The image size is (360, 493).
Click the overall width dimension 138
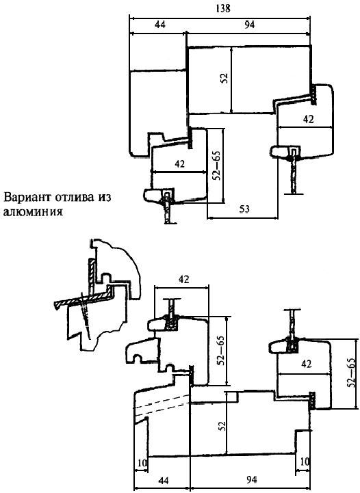coord(223,8)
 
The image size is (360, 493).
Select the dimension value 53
coord(244,209)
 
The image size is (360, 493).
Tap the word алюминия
coord(33,211)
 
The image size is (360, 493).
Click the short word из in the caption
coord(105,198)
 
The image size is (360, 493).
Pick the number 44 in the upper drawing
coord(159,25)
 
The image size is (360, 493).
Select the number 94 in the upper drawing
coord(249,25)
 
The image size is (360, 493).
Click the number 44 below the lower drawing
coord(164,481)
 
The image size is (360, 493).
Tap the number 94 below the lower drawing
coord(251,480)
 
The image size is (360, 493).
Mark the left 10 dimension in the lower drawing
coord(142,462)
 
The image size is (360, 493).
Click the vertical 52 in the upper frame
coord(224,78)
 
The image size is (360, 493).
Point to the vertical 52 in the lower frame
coord(222,427)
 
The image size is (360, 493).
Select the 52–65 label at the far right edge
coord(352,373)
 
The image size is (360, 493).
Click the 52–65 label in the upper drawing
coord(216,165)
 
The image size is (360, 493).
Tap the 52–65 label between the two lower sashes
coord(222,351)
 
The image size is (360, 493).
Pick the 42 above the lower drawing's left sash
coord(184,279)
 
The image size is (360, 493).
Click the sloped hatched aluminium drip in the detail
coord(83,299)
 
